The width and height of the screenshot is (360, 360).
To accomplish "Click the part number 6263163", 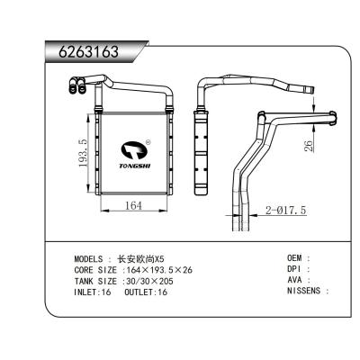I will (x=83, y=51).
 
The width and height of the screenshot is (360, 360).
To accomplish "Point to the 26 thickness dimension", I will (x=309, y=145).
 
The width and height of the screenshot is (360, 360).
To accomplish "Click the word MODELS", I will (x=91, y=258).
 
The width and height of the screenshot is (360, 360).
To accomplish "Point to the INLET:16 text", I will (x=93, y=292).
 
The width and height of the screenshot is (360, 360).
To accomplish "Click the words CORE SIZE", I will (x=95, y=269).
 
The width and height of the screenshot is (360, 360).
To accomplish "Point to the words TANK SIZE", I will (x=95, y=281).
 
